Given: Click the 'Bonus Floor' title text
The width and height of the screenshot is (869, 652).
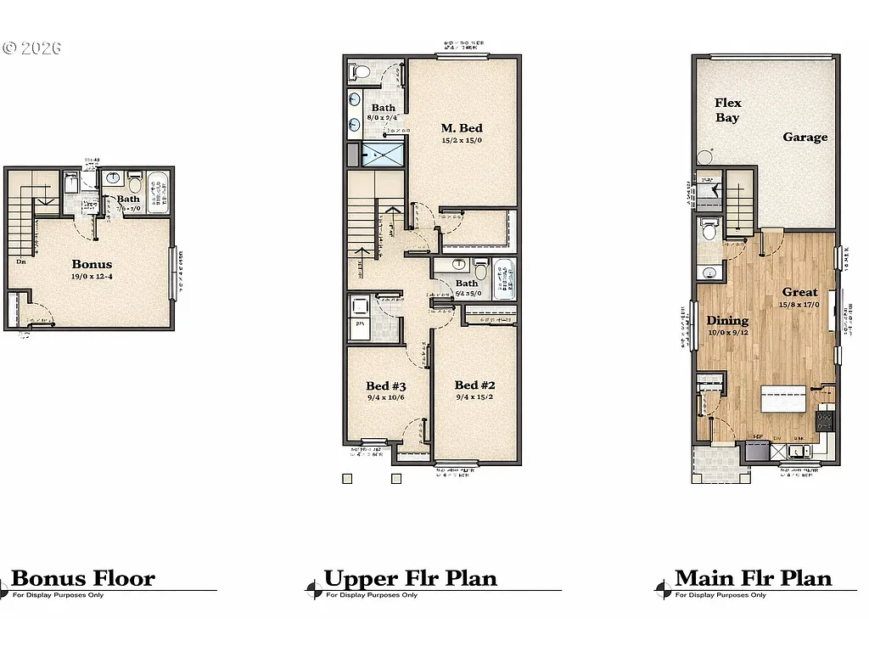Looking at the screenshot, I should pos(83,579).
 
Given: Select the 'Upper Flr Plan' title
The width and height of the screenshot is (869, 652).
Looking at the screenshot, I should pos(410,579).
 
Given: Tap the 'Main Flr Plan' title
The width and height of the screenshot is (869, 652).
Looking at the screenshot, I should pos(753,578).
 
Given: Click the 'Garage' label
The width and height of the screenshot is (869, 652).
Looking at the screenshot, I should pos(805,137).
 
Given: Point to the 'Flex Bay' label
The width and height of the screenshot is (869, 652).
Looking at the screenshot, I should pos(727,110).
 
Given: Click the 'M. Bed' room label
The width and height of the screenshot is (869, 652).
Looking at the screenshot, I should pos(461,128).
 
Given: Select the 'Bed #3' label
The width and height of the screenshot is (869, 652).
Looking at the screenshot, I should pos(384,385).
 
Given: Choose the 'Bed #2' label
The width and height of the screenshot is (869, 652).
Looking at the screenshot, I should pos(474,385).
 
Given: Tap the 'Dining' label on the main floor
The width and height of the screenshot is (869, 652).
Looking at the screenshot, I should pos(727,320).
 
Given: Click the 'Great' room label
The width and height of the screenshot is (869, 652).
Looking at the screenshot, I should pos(799,292).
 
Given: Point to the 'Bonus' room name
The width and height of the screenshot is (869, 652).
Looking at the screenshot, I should pos(92,264).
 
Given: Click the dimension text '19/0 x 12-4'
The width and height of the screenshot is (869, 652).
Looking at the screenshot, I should pos(92,277).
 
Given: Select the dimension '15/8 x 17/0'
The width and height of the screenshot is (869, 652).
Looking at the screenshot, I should pos(799,304).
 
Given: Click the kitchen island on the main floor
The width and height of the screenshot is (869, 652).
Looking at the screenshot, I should pos(782,398).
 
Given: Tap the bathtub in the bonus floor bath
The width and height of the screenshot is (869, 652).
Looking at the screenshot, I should pos(158,193).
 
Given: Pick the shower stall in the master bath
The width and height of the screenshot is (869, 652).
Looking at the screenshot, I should pos(384,155).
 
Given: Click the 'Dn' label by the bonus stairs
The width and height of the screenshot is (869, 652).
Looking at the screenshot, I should pos(20,261).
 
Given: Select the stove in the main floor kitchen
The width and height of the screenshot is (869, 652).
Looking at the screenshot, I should pos(825,419).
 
